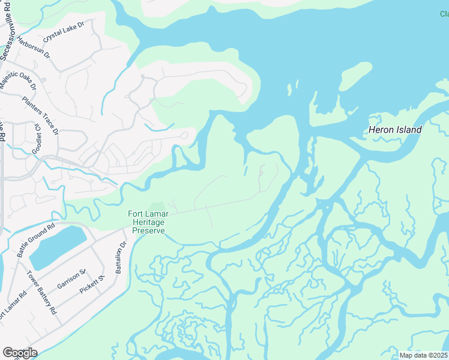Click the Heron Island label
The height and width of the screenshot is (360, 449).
pyautogui.click(x=394, y=130)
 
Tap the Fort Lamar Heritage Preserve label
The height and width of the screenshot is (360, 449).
pyautogui.click(x=148, y=221)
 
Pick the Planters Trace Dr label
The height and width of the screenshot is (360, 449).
pyautogui.click(x=40, y=115)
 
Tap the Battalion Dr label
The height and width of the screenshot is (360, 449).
pyautogui.click(x=122, y=257)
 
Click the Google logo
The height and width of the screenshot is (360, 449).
pyautogui.click(x=19, y=352)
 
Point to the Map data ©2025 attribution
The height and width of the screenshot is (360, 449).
pyautogui.click(x=423, y=355)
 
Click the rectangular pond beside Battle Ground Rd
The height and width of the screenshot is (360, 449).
pyautogui.click(x=58, y=247)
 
